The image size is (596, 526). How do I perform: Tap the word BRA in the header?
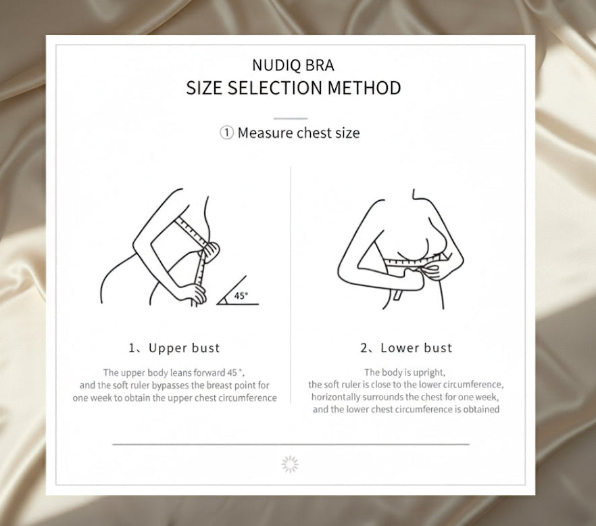click(x=320, y=65)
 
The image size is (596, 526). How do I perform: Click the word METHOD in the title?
click(x=364, y=88)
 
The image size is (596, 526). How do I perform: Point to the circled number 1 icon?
click(x=226, y=133)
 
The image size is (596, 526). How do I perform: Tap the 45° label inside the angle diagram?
click(x=241, y=295)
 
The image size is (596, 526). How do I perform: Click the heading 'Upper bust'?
click(x=184, y=348)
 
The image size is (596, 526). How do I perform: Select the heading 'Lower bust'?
click(x=416, y=348)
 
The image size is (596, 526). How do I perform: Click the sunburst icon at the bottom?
click(x=290, y=464)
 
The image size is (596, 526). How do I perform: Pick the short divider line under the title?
click(x=291, y=119)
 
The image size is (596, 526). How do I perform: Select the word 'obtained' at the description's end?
click(x=481, y=409)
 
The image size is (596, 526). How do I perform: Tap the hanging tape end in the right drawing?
click(x=399, y=295)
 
